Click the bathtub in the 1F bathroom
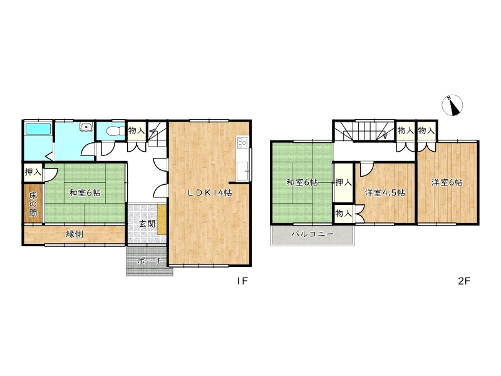point(38,129)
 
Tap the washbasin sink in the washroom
point(86,127)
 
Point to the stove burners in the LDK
point(242,142)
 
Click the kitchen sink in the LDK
point(242,170)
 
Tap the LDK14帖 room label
point(210,192)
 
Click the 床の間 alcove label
point(33,204)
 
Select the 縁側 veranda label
point(75,234)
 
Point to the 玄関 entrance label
point(147,224)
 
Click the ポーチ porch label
point(149,261)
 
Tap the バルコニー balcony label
point(312,234)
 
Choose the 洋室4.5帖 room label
point(385,193)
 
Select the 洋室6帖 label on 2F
point(447,182)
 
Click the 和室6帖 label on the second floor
point(302,182)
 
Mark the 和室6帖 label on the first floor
point(85,193)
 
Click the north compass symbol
point(452,105)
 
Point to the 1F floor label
point(242,281)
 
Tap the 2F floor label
point(464,281)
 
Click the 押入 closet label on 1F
point(33,172)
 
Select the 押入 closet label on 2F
point(343,182)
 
